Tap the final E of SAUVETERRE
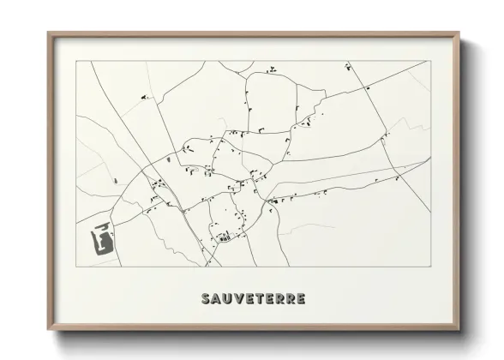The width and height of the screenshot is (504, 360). (300, 299)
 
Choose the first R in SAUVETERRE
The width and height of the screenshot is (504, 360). (279, 299)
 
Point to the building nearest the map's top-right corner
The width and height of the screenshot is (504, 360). (349, 66)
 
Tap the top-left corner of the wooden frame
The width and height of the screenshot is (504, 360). (48, 33)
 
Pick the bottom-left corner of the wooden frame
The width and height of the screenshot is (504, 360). (48, 334)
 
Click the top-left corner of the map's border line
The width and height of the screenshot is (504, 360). (76, 61)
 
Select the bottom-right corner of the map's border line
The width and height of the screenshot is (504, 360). (430, 267)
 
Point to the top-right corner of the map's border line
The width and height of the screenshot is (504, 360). (430, 61)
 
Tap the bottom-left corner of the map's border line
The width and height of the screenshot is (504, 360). (76, 267)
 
